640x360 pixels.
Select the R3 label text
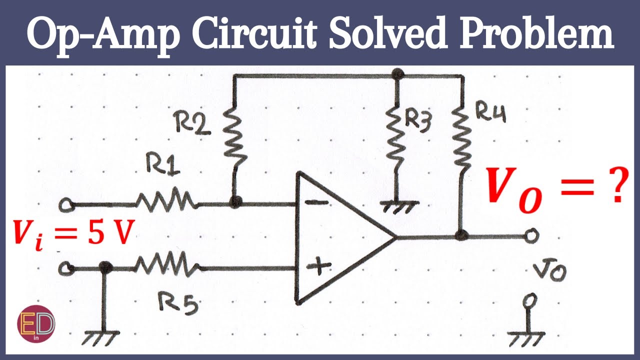tap(417, 121)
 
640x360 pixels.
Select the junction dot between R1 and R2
tap(234, 202)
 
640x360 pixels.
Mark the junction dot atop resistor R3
tap(397, 74)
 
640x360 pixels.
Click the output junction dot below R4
tap(461, 235)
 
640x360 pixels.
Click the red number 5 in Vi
tap(95, 234)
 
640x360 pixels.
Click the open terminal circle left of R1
tap(65, 204)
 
